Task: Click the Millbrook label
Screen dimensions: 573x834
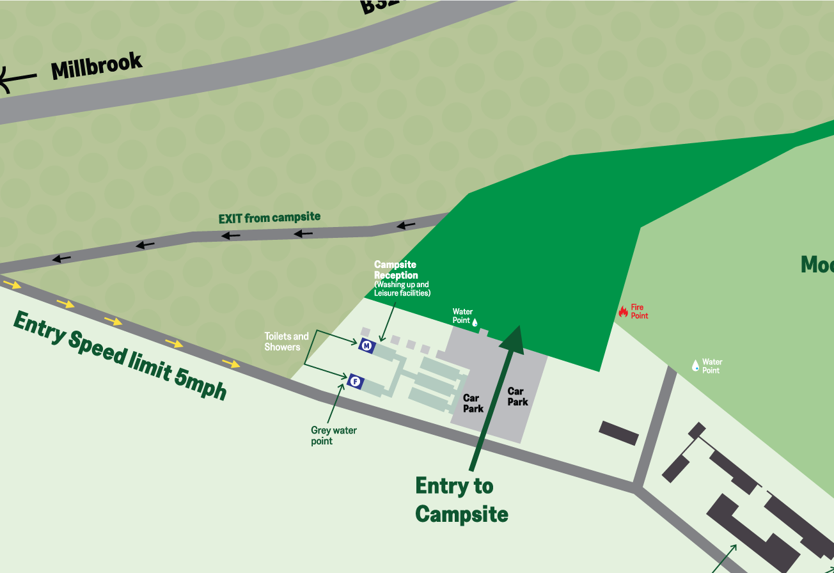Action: pos(96,67)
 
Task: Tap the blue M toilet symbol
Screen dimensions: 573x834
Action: pos(366,346)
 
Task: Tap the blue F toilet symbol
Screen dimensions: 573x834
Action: pos(356,382)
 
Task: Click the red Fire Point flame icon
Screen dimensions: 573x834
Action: pos(623,311)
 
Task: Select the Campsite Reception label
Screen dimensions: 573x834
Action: pos(396,270)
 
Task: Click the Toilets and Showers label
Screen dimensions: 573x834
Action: pos(286,341)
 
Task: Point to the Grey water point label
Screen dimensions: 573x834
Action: pos(333,436)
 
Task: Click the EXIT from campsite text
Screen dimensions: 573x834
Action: pos(269,218)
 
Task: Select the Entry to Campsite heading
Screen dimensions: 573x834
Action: pos(460,499)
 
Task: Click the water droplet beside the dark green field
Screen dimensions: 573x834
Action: pos(475,322)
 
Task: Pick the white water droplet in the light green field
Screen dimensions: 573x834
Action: pos(695,365)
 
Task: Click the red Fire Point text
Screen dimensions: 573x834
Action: pos(640,311)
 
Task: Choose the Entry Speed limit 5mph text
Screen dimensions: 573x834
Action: pos(120,355)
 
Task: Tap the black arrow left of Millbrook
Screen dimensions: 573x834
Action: pos(16,79)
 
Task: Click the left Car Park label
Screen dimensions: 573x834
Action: pos(473,403)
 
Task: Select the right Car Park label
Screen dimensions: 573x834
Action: pos(517,396)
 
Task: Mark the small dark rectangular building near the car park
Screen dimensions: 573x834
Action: pos(618,433)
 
